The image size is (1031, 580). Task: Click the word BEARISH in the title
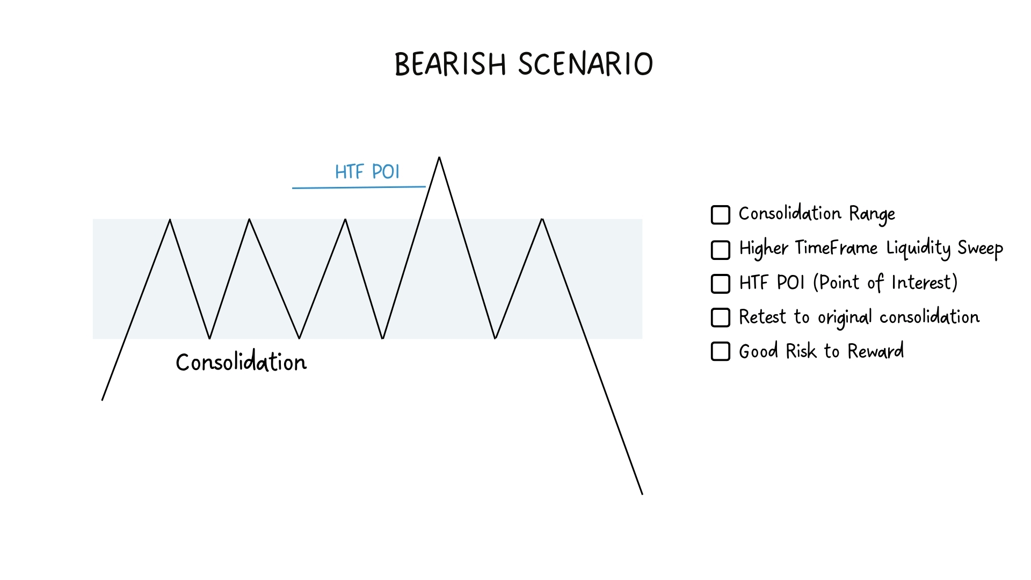click(x=451, y=64)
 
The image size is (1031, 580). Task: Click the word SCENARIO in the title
click(x=586, y=64)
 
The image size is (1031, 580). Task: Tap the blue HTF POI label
click(x=367, y=172)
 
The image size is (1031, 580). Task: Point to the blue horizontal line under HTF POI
click(x=359, y=187)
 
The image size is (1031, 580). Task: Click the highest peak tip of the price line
click(x=439, y=157)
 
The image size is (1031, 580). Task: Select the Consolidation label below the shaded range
click(x=241, y=363)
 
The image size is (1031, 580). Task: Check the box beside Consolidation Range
click(x=721, y=215)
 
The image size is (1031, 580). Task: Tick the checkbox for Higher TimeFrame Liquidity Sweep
click(x=721, y=250)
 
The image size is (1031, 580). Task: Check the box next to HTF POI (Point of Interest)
click(x=721, y=284)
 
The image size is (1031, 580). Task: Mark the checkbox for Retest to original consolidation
click(x=721, y=317)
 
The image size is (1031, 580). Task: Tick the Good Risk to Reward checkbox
click(x=721, y=352)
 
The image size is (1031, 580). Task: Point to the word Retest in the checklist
click(x=763, y=317)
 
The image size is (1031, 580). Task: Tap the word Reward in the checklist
click(x=876, y=351)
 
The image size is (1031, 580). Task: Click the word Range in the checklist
click(x=872, y=215)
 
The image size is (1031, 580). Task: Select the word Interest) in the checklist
click(x=925, y=282)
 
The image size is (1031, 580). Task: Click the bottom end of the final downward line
click(x=642, y=494)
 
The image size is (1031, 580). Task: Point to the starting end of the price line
click(x=102, y=400)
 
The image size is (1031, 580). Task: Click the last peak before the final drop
click(x=542, y=219)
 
